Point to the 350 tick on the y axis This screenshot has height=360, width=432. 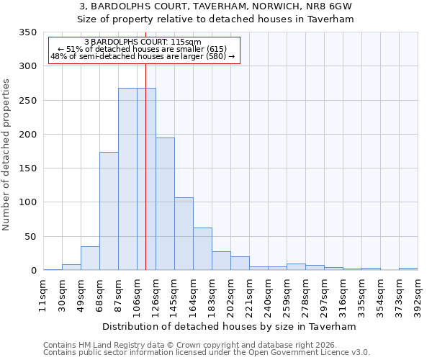pos(27,32)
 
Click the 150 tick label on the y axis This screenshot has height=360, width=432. pos(27,168)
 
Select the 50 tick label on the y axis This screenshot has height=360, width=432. pos(30,237)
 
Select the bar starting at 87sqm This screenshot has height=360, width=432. pos(127,179)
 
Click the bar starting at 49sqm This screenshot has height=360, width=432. pos(90,258)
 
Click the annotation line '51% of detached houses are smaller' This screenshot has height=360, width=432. pos(143,49)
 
